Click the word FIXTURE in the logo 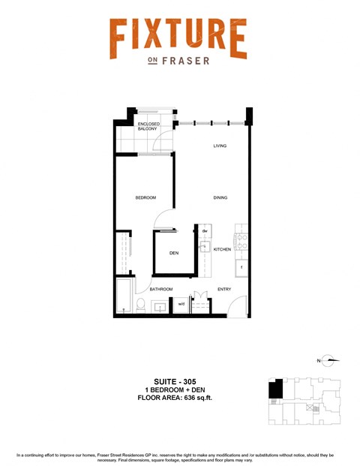178,38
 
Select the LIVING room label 219,146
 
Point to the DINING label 219,197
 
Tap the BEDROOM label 145,197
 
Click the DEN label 173,253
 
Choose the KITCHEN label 222,249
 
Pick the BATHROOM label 160,289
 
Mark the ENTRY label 224,289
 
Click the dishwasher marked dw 204,230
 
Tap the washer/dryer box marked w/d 181,304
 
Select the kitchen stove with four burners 241,241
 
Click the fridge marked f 241,266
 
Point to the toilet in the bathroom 139,305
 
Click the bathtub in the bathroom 122,297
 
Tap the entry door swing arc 235,304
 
